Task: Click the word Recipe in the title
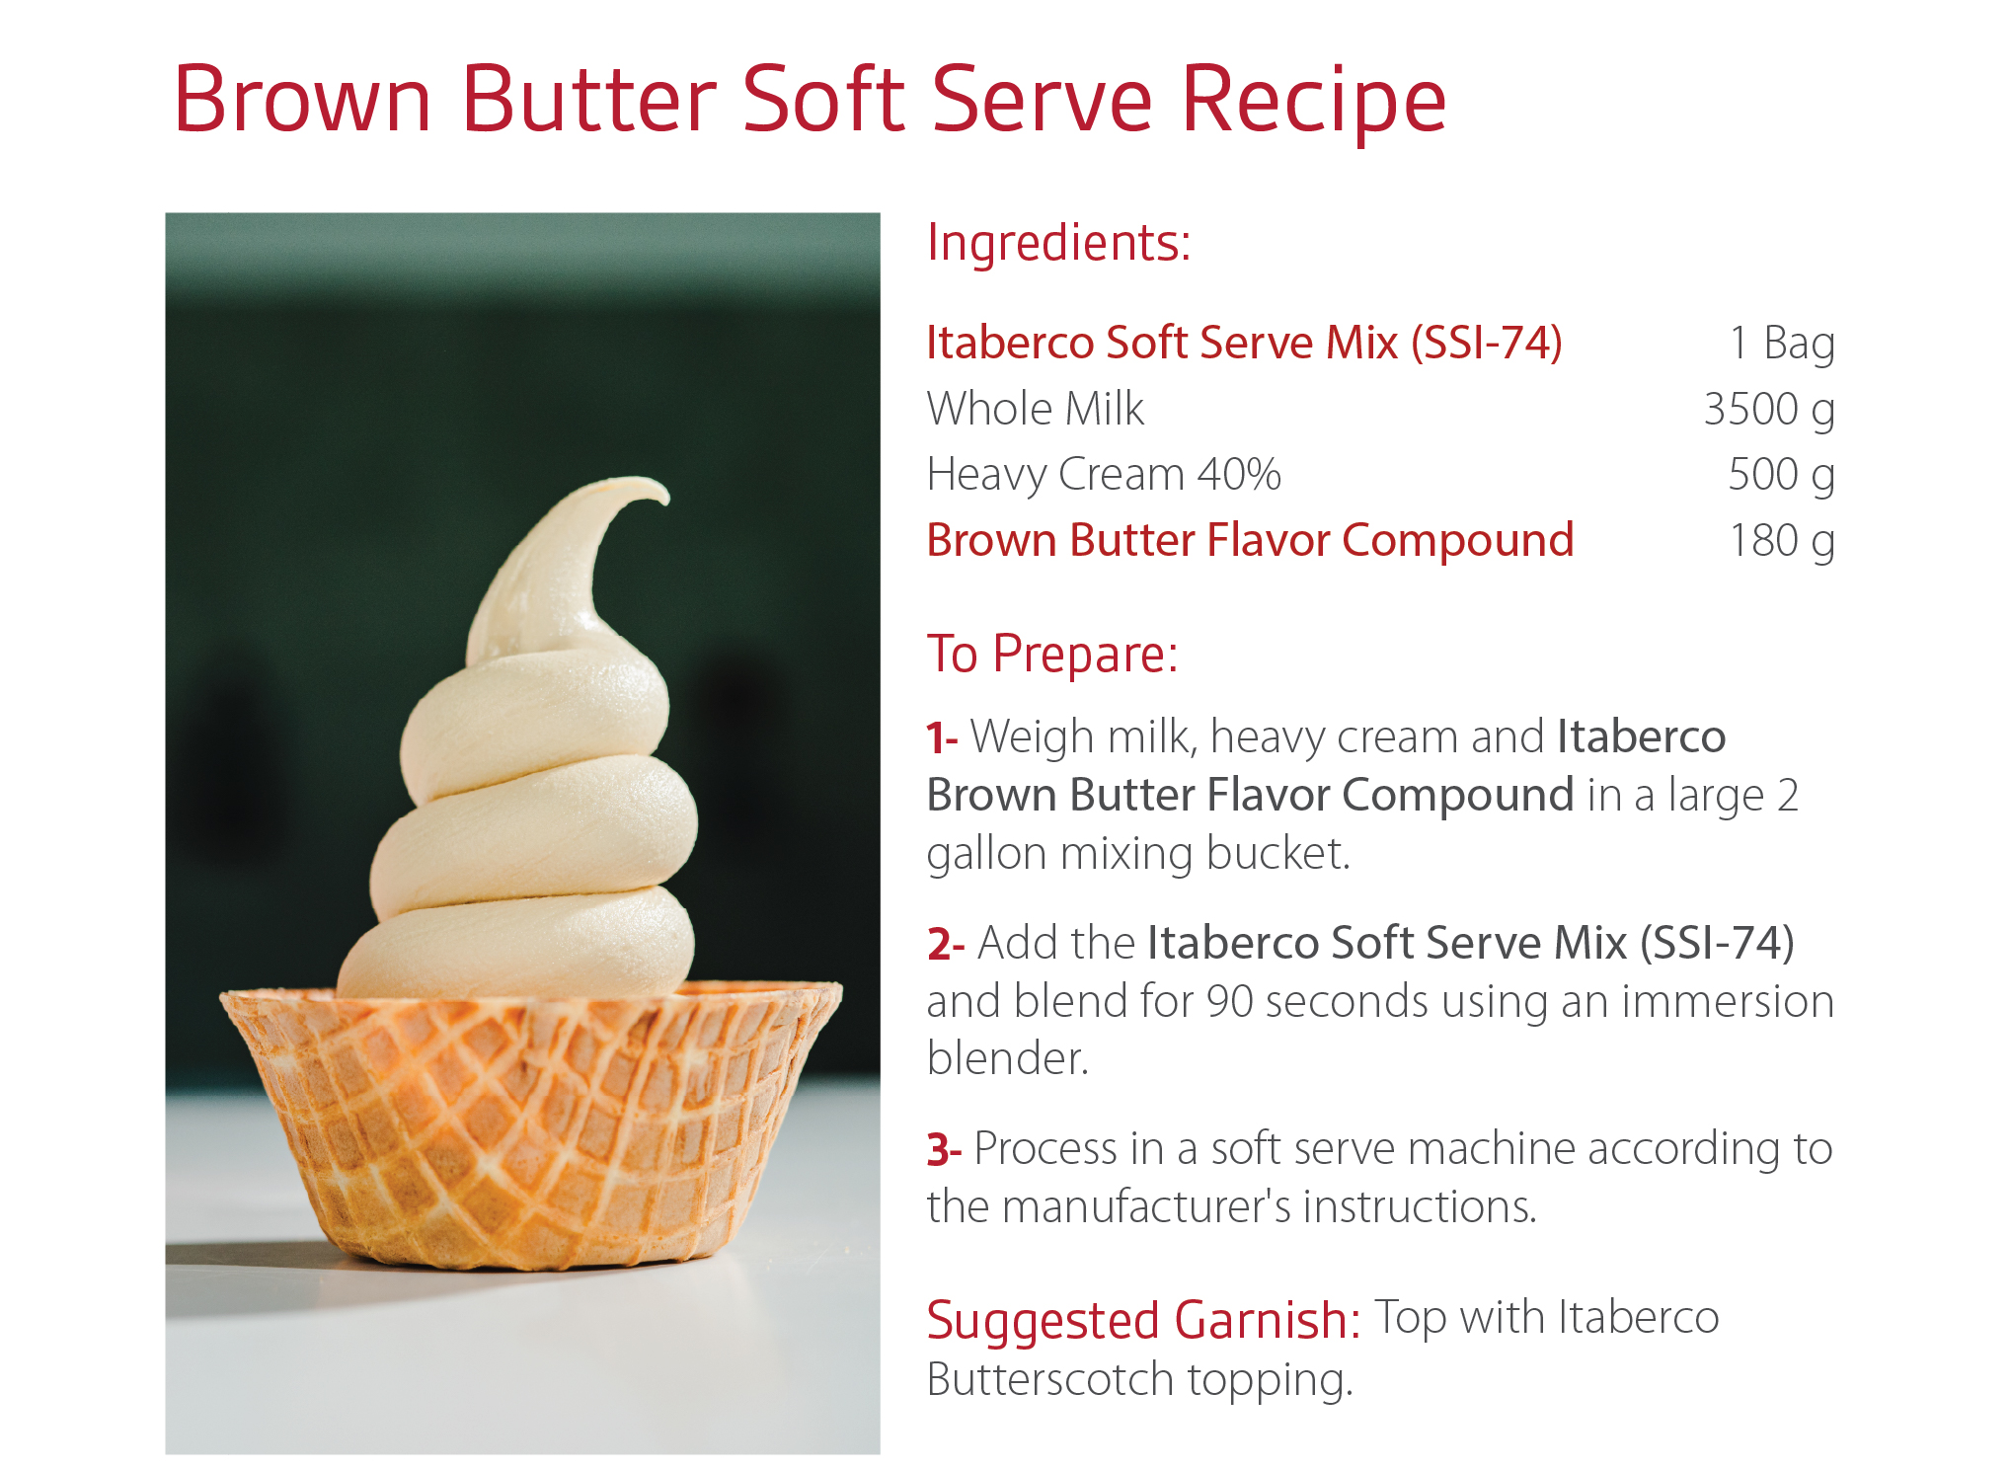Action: tap(1314, 99)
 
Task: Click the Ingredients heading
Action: tap(1059, 243)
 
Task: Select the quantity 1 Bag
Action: tap(1782, 343)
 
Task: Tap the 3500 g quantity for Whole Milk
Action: tap(1769, 410)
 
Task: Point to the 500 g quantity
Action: tap(1781, 475)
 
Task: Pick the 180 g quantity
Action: tap(1782, 541)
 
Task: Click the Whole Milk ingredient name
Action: tap(1036, 409)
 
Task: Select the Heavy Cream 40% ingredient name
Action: tap(1104, 475)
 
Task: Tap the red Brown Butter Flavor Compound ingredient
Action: tap(1250, 541)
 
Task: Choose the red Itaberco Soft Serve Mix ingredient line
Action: tap(1244, 343)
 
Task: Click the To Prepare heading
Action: tap(1052, 654)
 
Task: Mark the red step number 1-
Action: tap(942, 738)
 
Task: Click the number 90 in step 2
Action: tap(1230, 1002)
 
